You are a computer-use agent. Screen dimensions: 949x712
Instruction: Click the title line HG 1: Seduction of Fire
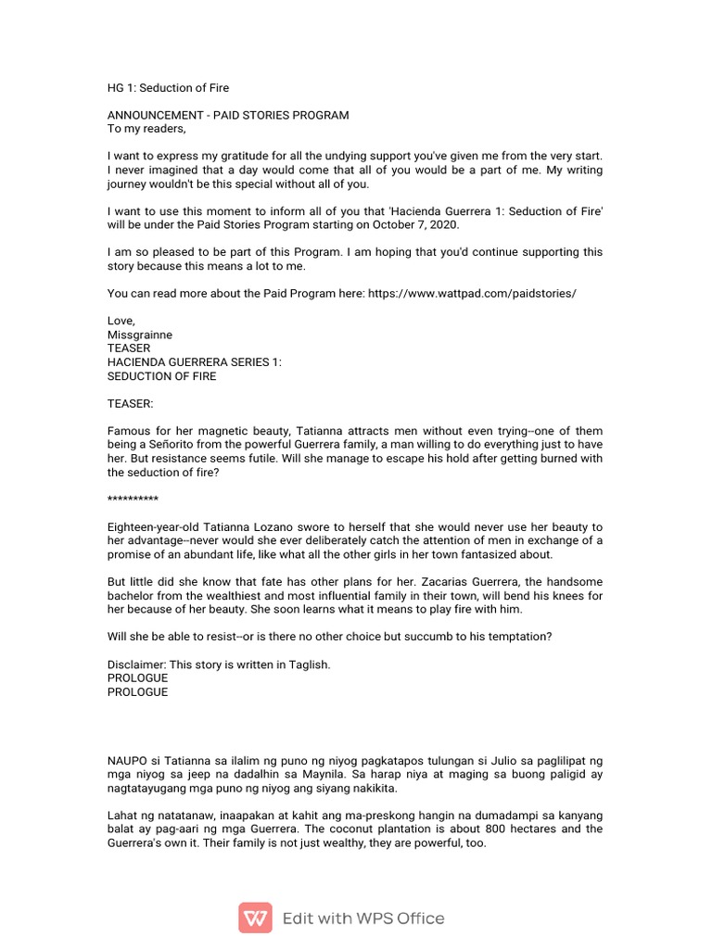pyautogui.click(x=168, y=88)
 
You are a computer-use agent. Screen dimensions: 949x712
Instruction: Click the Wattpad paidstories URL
pyautogui.click(x=472, y=293)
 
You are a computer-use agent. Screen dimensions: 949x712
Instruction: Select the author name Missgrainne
pyautogui.click(x=140, y=335)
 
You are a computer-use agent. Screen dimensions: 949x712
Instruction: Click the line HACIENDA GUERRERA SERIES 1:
pyautogui.click(x=195, y=362)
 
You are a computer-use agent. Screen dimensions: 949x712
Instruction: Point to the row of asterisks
pyautogui.click(x=133, y=500)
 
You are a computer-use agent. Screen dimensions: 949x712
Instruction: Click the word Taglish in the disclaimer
pyautogui.click(x=310, y=664)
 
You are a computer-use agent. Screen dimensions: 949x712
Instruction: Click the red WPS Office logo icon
pyautogui.click(x=255, y=918)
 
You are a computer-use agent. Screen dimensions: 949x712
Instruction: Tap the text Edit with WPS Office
pyautogui.click(x=363, y=918)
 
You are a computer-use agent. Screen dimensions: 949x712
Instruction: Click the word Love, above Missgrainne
pyautogui.click(x=121, y=321)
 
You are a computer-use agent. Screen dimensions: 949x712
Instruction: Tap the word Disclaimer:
pyautogui.click(x=139, y=664)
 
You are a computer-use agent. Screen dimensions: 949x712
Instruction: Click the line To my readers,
pyautogui.click(x=146, y=129)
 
